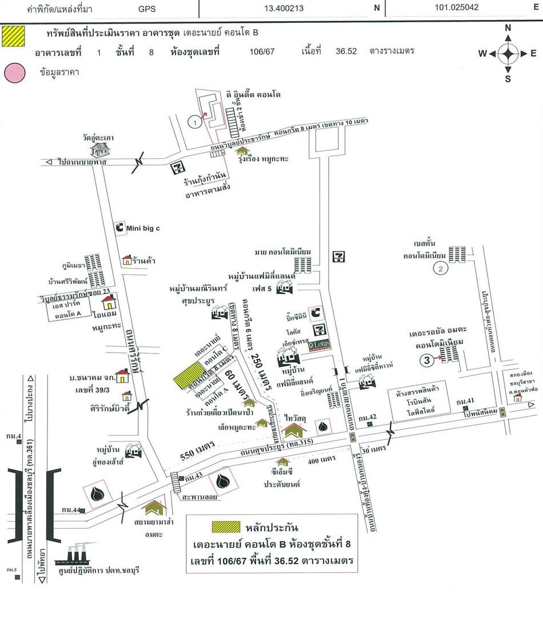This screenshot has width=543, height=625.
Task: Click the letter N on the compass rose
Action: [x=508, y=28]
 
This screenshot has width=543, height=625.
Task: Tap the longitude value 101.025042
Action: [x=456, y=8]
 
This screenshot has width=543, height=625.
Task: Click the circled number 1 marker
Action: [x=195, y=121]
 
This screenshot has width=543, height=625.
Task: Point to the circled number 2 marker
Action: [x=440, y=267]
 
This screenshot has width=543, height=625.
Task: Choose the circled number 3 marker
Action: [x=426, y=359]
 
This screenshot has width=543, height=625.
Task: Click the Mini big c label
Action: [x=143, y=228]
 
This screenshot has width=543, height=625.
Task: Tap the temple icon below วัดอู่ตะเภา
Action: [x=101, y=150]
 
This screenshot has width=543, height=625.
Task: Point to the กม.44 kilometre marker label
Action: [x=69, y=510]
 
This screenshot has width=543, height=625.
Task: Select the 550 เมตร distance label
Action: [x=194, y=451]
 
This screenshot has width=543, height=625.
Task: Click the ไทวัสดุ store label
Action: [x=296, y=418]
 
